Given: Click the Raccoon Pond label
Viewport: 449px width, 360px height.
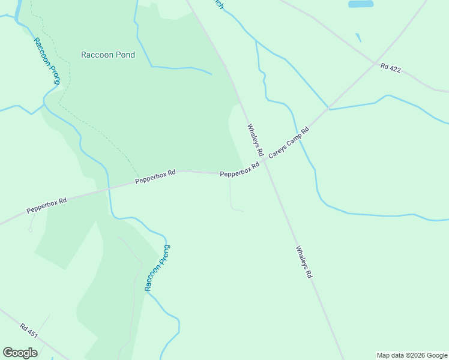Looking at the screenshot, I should point(108,55).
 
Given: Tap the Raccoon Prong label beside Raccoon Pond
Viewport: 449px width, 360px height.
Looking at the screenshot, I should point(46,61).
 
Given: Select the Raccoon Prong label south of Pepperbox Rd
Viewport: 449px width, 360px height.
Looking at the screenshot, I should point(157,268).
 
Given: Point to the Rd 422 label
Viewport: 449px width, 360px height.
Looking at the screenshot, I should point(390,68).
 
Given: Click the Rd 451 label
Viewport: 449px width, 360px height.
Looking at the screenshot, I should point(28,331).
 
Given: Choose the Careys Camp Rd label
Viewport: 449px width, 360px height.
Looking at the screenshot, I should point(288,143).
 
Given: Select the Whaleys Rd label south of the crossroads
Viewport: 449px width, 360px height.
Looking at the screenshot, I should point(304,262).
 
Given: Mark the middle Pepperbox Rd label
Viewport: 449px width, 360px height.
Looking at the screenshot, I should point(155,176).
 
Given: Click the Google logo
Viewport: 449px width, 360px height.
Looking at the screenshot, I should point(20,353).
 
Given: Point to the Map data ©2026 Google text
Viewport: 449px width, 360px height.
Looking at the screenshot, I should point(412,355).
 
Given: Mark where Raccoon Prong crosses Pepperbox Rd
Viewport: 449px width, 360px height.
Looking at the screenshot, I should point(108,188).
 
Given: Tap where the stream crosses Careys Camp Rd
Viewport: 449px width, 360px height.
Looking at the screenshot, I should point(328,109).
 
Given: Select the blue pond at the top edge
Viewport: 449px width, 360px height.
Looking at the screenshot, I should point(360,4).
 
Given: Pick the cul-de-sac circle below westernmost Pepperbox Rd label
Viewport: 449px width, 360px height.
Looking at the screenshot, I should point(29,229).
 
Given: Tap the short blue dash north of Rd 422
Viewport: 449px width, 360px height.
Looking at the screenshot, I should point(358,37).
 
